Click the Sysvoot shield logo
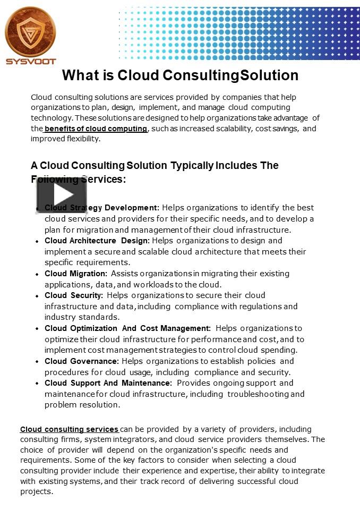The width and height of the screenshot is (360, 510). pyautogui.click(x=30, y=32)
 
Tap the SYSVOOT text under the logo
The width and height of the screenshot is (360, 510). pyautogui.click(x=31, y=62)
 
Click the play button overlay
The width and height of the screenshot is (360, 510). pyautogui.click(x=61, y=195)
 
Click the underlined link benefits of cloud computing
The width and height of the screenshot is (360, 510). pyautogui.click(x=96, y=129)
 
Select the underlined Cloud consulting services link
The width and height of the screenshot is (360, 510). pyautogui.click(x=69, y=429)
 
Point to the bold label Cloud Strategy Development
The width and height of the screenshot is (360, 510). pyautogui.click(x=101, y=208)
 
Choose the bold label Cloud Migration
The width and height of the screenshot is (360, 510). pyautogui.click(x=76, y=274)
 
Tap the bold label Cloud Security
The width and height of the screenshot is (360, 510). pyautogui.click(x=74, y=295)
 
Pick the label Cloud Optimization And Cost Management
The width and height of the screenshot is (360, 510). pyautogui.click(x=127, y=328)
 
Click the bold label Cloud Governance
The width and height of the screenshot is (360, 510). pyautogui.click(x=82, y=361)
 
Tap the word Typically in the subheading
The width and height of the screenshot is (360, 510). pyautogui.click(x=192, y=165)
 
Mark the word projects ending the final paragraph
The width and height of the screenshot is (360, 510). pyautogui.click(x=37, y=492)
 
